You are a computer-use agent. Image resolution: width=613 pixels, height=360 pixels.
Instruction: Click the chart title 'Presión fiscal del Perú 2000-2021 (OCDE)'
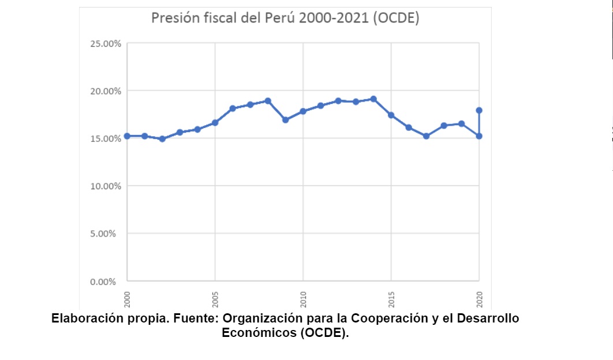pyautogui.click(x=285, y=18)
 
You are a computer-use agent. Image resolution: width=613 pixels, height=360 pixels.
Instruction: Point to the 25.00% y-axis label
pyautogui.click(x=106, y=44)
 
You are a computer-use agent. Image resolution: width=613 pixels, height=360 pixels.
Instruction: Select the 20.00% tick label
pyautogui.click(x=106, y=91)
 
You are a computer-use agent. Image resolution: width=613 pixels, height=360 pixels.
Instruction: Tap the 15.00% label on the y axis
pyautogui.click(x=106, y=138)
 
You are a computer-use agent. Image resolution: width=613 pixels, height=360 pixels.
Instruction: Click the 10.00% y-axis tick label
pyautogui.click(x=106, y=186)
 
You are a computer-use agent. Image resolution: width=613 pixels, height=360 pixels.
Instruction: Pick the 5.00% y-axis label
pyautogui.click(x=107, y=234)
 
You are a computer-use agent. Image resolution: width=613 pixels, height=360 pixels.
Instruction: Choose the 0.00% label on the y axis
pyautogui.click(x=107, y=282)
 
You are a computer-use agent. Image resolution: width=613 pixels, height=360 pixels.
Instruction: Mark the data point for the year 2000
pyautogui.click(x=127, y=136)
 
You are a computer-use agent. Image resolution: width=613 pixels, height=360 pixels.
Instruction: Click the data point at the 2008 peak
pyautogui.click(x=268, y=101)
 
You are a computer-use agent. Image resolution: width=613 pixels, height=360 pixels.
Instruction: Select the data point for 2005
pyautogui.click(x=215, y=122)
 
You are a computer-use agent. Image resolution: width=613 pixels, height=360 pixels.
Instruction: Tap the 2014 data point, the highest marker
pyautogui.click(x=373, y=99)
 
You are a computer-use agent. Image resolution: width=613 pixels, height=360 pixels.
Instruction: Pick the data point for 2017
pyautogui.click(x=426, y=136)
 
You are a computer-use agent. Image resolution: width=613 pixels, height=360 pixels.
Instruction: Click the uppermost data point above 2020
pyautogui.click(x=479, y=110)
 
